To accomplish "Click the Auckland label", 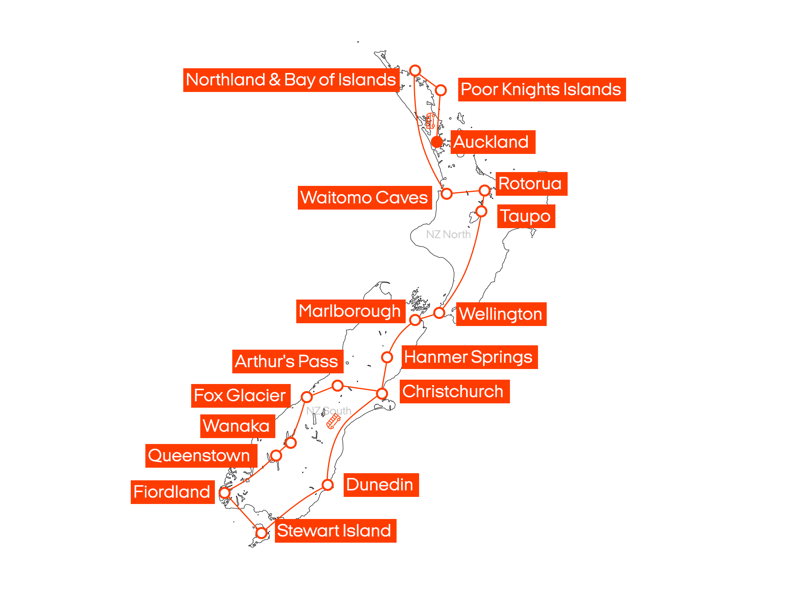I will pyautogui.click(x=493, y=142).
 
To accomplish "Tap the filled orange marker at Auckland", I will pyautogui.click(x=437, y=142).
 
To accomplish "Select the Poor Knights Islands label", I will pyautogui.click(x=542, y=90).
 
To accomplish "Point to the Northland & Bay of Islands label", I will pyautogui.click(x=291, y=80).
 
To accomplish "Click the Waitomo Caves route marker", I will pyautogui.click(x=446, y=193).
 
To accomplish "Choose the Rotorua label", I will pyautogui.click(x=531, y=184).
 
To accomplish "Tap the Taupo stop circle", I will pyautogui.click(x=481, y=211).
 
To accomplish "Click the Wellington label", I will pyautogui.click(x=501, y=314).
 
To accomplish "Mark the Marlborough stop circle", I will pyautogui.click(x=415, y=320).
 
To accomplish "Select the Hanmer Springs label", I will pyautogui.click(x=469, y=357).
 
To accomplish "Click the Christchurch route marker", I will pyautogui.click(x=382, y=393).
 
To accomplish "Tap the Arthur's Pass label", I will pyautogui.click(x=287, y=361).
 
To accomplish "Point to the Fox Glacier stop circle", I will pyautogui.click(x=307, y=396).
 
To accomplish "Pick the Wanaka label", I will pyautogui.click(x=237, y=426).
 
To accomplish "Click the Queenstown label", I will pyautogui.click(x=201, y=456).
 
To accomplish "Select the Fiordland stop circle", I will pyautogui.click(x=224, y=493).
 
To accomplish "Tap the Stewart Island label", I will pyautogui.click(x=335, y=531).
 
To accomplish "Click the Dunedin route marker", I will pyautogui.click(x=327, y=485).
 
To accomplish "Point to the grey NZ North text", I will pyautogui.click(x=448, y=234).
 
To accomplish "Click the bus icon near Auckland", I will pyautogui.click(x=431, y=121).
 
